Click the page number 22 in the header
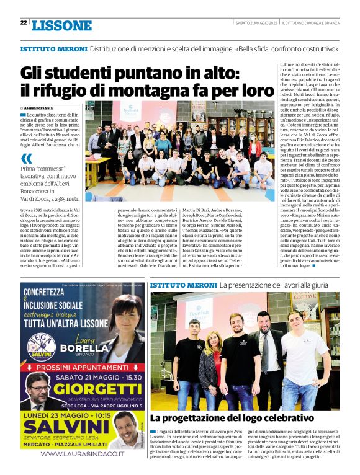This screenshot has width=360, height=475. [x=23, y=23]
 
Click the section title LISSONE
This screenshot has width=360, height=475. [x=61, y=25]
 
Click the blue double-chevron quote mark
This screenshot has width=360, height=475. [x=27, y=158]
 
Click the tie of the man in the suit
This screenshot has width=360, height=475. [x=264, y=350]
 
